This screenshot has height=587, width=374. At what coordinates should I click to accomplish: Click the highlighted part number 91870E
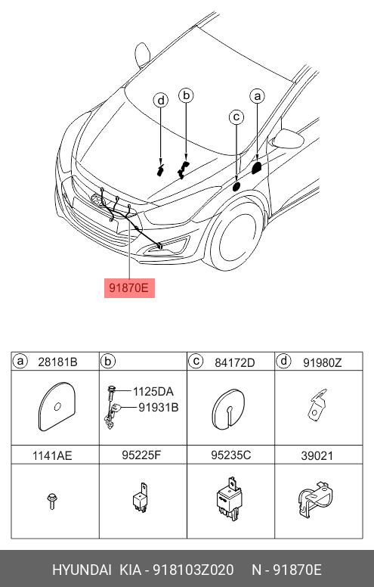(x=129, y=288)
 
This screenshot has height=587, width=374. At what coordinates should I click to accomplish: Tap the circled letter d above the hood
(x=161, y=101)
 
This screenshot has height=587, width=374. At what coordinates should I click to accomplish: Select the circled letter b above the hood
(x=186, y=95)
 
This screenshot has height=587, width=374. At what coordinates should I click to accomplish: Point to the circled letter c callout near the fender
(x=236, y=117)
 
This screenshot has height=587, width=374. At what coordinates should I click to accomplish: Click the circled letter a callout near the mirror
(x=258, y=96)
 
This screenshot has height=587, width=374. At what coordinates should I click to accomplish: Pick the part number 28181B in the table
(x=57, y=362)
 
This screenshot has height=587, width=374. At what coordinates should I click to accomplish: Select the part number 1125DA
(x=153, y=392)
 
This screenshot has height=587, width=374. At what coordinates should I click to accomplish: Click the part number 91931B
(x=159, y=407)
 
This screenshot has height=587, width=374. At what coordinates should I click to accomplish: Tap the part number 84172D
(x=234, y=362)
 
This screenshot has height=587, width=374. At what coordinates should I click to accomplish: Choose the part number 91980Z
(x=323, y=362)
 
